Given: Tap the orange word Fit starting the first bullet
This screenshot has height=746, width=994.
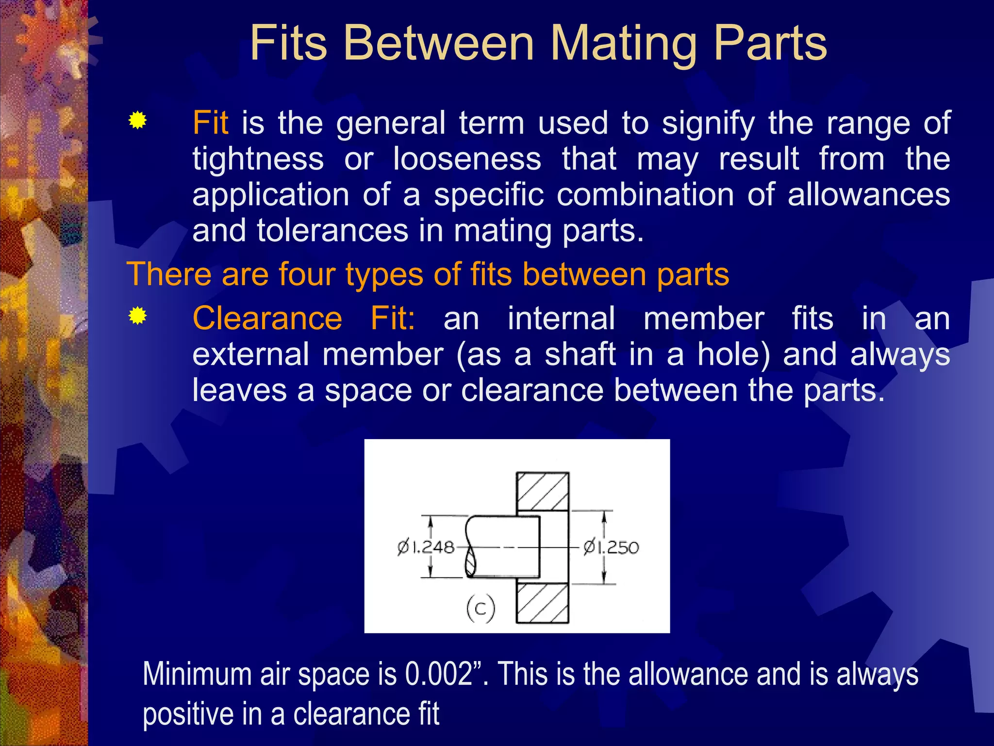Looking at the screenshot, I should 210,122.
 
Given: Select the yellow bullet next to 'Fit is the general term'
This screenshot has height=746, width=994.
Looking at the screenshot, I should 138,120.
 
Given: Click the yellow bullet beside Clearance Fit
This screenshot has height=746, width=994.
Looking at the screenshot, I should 138,316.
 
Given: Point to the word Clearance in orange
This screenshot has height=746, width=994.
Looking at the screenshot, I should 267,319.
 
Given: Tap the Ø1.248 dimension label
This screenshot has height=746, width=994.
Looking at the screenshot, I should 426,547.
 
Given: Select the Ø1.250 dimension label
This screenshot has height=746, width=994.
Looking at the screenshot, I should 611,548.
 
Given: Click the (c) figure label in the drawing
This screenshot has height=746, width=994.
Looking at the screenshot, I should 480,608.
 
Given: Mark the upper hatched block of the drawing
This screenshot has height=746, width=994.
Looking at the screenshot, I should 542,491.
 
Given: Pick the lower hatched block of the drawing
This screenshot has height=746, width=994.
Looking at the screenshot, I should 542,603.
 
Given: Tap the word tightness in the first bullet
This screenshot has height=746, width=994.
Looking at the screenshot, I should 258,159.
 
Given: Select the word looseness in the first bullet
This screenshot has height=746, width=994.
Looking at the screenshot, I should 467,159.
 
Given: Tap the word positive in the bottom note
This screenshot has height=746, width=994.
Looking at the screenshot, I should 182,714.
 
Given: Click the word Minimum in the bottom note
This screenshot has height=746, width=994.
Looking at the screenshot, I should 197,674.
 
